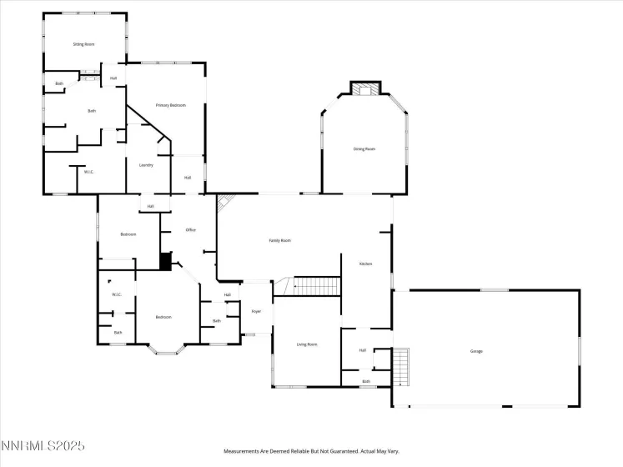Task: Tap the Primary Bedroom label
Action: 170,105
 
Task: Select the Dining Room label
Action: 364,149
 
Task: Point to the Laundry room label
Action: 146,165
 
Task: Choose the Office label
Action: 190,230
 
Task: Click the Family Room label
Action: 279,240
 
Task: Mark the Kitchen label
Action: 365,264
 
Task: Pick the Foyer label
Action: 256,311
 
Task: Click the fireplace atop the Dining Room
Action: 364,88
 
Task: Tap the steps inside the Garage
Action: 402,367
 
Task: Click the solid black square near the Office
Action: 165,262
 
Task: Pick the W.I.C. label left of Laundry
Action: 88,172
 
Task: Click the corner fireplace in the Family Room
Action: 224,201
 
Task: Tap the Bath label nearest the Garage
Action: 366,381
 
